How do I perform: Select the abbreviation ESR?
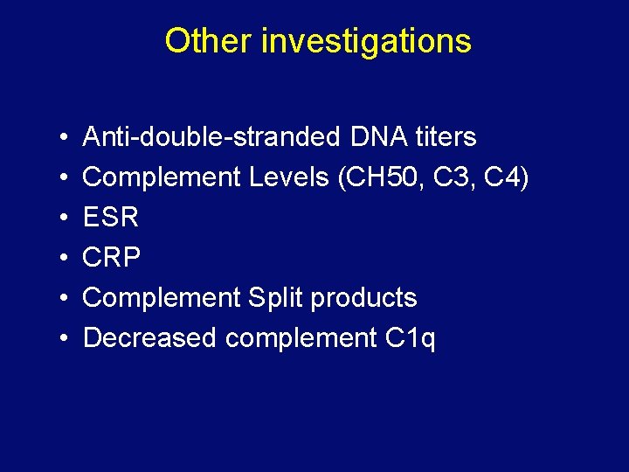pyautogui.click(x=111, y=218)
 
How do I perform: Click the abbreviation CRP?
pyautogui.click(x=111, y=258)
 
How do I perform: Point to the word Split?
pyautogui.click(x=276, y=298)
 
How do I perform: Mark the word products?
pyautogui.click(x=364, y=298)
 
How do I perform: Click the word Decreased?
pyautogui.click(x=149, y=338)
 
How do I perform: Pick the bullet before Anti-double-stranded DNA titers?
pyautogui.click(x=66, y=138)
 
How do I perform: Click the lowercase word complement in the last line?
pyautogui.click(x=301, y=338)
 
